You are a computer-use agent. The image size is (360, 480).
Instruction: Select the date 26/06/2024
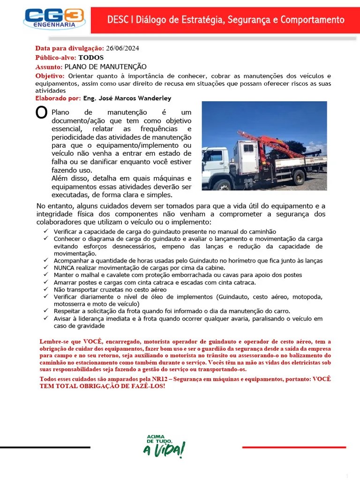tap(122, 48)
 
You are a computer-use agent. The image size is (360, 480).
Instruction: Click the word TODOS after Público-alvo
tap(91, 58)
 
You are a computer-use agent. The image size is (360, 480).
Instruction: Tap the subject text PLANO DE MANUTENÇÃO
tap(105, 67)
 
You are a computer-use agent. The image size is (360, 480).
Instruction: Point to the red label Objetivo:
tap(50, 76)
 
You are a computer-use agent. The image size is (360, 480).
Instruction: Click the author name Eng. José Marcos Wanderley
tap(127, 98)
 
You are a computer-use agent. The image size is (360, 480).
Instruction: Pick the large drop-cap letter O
tap(41, 113)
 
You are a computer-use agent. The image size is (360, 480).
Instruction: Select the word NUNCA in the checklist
tap(64, 268)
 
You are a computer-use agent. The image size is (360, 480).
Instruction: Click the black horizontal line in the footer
tap(45, 448)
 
